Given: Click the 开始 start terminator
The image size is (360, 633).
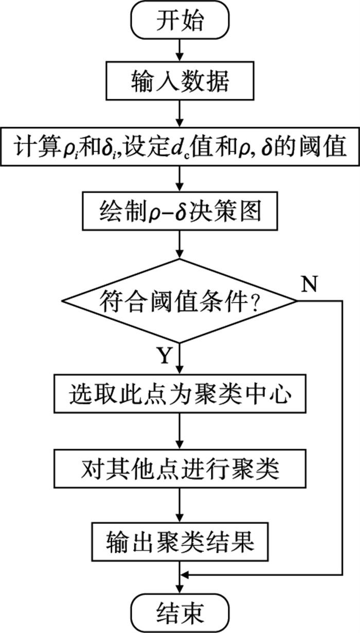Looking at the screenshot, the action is (x=180, y=20).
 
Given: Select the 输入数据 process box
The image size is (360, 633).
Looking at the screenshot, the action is (x=180, y=81).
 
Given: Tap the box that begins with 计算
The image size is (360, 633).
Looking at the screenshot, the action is (x=180, y=146).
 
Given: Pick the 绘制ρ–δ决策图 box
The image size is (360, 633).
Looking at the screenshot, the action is (x=180, y=211).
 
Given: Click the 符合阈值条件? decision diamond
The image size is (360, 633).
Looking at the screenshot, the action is (x=179, y=301).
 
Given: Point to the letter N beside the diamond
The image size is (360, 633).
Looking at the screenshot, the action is (x=310, y=284).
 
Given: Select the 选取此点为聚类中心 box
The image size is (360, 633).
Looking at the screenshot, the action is (x=180, y=394).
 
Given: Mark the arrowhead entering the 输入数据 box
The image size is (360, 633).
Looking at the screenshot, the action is (x=180, y=57).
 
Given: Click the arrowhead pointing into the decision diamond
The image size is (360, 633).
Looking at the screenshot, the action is (x=180, y=254).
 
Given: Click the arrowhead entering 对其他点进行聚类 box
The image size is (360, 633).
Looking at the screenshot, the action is (x=180, y=445).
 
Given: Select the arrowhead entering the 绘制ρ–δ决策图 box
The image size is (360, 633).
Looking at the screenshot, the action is (x=180, y=187).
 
